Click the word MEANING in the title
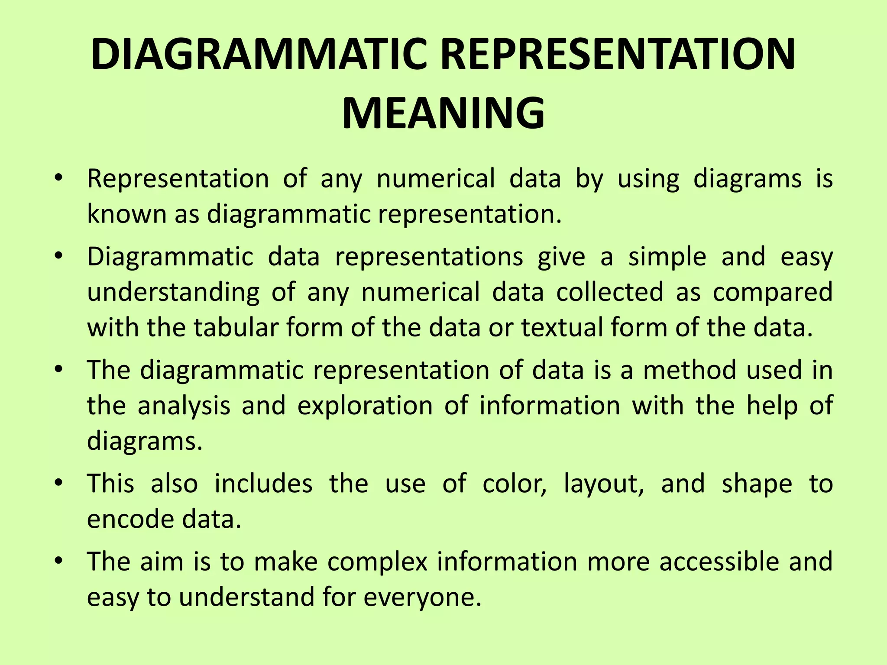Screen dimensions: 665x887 coord(443,113)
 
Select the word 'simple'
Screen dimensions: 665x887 coord(667,257)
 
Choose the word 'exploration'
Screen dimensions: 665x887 coord(365,406)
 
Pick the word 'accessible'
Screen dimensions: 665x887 coord(719,562)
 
